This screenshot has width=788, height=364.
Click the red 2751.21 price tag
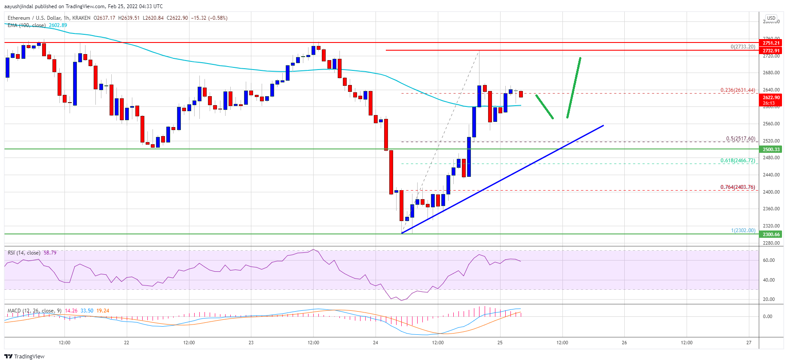click(x=771, y=43)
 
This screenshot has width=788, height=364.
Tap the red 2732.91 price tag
click(x=771, y=51)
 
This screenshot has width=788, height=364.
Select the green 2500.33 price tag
click(x=771, y=149)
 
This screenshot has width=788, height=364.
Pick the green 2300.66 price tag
click(x=771, y=234)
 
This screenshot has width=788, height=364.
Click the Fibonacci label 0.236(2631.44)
click(x=737, y=90)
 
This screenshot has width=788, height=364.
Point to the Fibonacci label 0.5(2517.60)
click(x=740, y=139)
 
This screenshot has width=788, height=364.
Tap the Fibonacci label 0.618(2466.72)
click(x=737, y=161)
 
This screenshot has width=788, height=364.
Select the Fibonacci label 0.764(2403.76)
click(x=737, y=187)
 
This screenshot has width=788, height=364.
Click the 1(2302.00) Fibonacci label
click(x=743, y=231)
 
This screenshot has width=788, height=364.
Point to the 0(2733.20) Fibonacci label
click(x=742, y=47)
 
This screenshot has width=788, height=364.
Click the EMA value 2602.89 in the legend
click(x=58, y=25)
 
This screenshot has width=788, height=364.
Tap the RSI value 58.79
click(x=50, y=253)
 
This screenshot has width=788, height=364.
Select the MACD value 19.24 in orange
click(x=103, y=311)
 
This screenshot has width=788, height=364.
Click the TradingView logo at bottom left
click(x=24, y=356)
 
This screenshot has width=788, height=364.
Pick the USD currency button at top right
click(x=771, y=18)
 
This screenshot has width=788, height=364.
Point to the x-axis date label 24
click(x=376, y=343)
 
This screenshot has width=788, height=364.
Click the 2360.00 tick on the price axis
click(x=771, y=209)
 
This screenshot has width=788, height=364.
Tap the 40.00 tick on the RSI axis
click(x=769, y=280)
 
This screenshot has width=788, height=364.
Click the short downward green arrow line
click(x=544, y=107)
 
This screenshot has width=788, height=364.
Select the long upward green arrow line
click(x=574, y=88)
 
